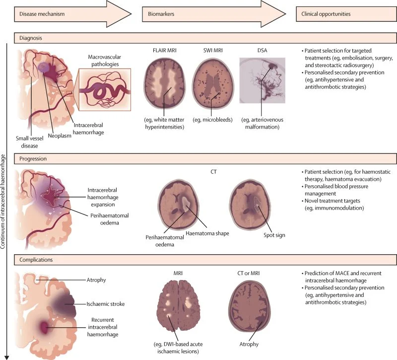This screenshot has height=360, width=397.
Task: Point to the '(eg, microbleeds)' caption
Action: click(212, 120)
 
